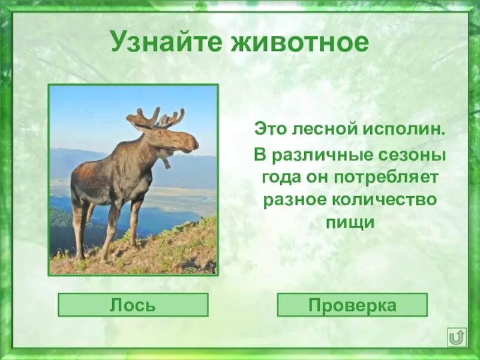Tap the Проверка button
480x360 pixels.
352,305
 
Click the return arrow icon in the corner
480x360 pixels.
457,337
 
